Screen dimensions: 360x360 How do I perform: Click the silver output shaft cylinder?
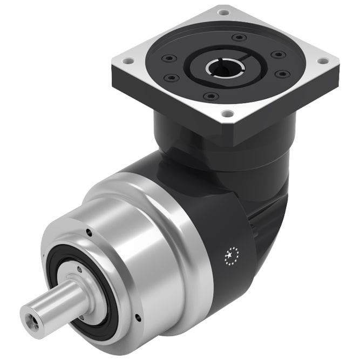(54, 300)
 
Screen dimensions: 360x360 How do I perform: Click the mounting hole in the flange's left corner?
(128, 61)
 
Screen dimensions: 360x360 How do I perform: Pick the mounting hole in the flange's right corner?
(323, 60)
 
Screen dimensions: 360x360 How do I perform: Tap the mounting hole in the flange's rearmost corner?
(223, 10)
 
